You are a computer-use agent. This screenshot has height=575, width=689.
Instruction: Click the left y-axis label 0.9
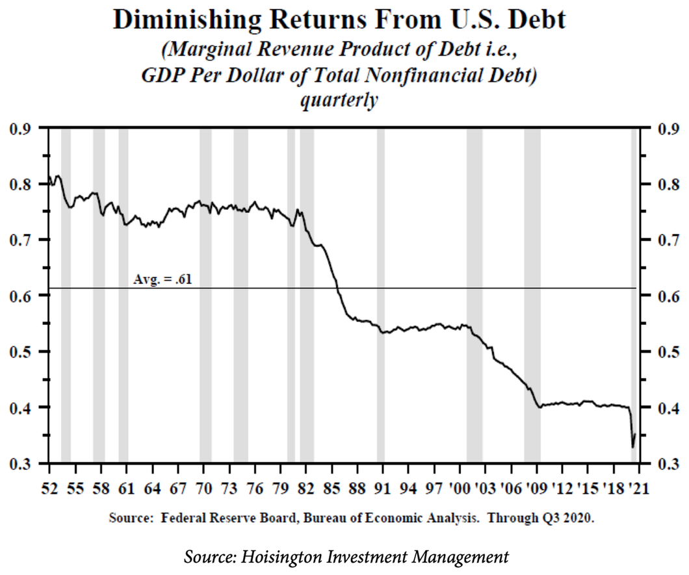pyautogui.click(x=21, y=129)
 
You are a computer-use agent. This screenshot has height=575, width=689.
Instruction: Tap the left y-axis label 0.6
pyautogui.click(x=21, y=296)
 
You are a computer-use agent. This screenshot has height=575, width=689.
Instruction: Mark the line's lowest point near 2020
pyautogui.click(x=632, y=447)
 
